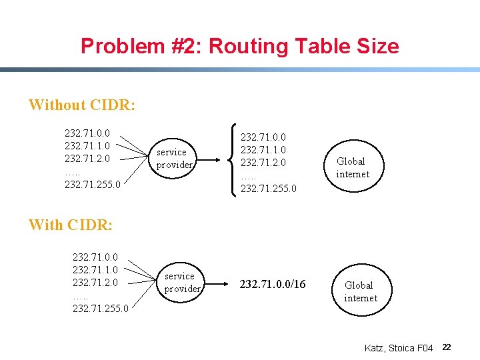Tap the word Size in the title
pyautogui.click(x=377, y=46)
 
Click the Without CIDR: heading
pyautogui.click(x=82, y=105)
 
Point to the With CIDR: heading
pyautogui.click(x=71, y=225)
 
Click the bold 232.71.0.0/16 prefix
pyautogui.click(x=273, y=285)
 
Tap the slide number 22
pyautogui.click(x=447, y=347)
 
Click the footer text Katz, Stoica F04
pyautogui.click(x=399, y=348)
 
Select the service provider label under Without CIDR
pyautogui.click(x=174, y=158)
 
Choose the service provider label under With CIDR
pyautogui.click(x=182, y=282)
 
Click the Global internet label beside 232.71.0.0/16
pyautogui.click(x=361, y=291)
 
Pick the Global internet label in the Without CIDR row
pyautogui.click(x=352, y=167)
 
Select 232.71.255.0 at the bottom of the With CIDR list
pyautogui.click(x=100, y=309)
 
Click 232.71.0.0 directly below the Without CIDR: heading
pyautogui.click(x=87, y=133)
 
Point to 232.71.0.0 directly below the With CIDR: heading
pyautogui.click(x=95, y=255)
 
